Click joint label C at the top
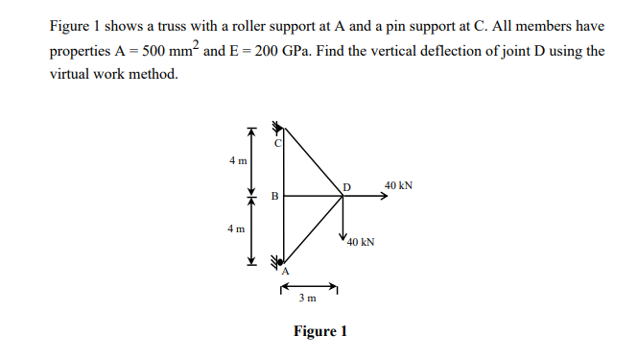point(278,143)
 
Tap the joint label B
point(274,198)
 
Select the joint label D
point(347,185)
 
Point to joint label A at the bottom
point(285,272)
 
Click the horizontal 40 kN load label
point(398,184)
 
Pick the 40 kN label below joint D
point(361,243)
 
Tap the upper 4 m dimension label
point(237,160)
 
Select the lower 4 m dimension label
point(237,228)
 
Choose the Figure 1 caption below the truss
point(320,332)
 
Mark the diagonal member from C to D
point(313,160)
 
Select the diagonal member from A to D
point(313,231)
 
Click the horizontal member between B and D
point(313,197)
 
